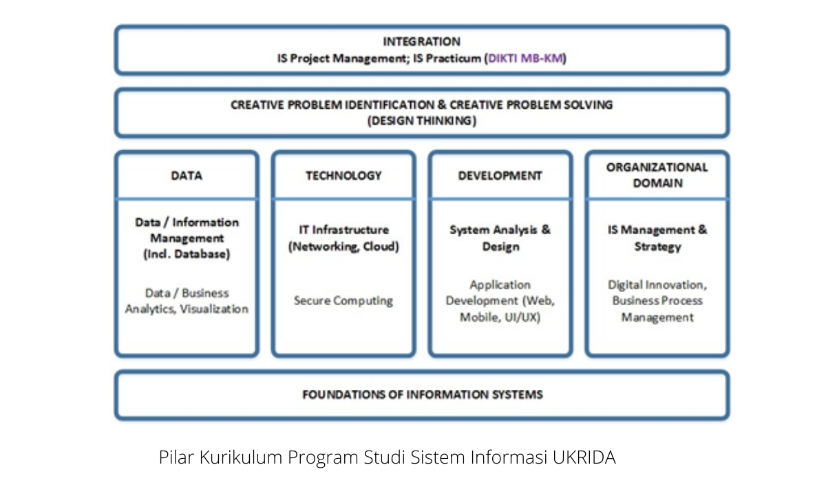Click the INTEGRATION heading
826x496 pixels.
coord(421,41)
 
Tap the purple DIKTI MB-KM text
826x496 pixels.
coord(525,59)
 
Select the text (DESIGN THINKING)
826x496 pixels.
coord(422,121)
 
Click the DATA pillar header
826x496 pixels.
coord(187,175)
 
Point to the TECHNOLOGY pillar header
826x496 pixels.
coord(343,175)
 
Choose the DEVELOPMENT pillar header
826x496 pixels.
coord(500,175)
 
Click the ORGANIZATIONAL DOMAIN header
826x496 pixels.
coord(657,175)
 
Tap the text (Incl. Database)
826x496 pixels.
coord(187,254)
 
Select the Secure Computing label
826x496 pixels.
coord(343,300)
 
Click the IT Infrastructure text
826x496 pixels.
coord(343,229)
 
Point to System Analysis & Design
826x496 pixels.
coord(500,238)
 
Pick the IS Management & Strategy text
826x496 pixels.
coord(657,238)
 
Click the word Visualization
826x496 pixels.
coord(214,309)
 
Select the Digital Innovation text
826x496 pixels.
coord(657,285)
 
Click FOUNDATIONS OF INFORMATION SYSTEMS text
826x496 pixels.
coord(423,395)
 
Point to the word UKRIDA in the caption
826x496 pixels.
coord(584,457)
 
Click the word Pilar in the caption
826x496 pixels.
coord(176,457)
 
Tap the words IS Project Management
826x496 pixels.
coord(342,59)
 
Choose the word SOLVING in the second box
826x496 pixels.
coord(588,105)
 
